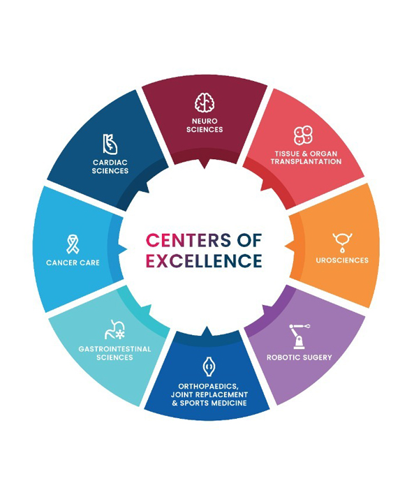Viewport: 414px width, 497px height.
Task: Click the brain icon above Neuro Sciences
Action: click(x=205, y=103)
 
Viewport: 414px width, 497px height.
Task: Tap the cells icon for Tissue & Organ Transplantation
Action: click(x=303, y=135)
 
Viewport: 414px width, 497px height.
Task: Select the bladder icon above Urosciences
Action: click(x=342, y=242)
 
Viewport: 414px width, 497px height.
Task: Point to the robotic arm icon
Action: click(x=300, y=336)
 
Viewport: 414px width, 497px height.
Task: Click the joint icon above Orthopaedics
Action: click(x=208, y=366)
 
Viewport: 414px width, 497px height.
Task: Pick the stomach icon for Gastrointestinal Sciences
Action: click(x=114, y=330)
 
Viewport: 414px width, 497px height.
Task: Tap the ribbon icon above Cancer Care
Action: click(x=73, y=244)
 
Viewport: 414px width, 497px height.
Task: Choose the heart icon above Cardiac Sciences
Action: click(x=110, y=144)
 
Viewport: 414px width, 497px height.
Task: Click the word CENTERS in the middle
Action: click(x=188, y=240)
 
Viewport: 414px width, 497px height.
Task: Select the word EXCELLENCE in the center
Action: click(x=204, y=260)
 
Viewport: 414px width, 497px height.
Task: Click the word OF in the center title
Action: click(x=249, y=240)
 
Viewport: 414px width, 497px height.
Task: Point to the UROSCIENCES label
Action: click(x=342, y=260)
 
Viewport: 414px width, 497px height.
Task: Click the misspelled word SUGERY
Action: click(x=316, y=357)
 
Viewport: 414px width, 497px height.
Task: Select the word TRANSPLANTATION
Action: click(x=306, y=161)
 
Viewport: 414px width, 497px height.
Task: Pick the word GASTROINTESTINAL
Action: click(x=114, y=349)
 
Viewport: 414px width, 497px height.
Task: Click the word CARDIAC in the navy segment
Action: click(x=110, y=163)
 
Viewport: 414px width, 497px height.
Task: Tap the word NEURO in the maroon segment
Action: click(x=205, y=121)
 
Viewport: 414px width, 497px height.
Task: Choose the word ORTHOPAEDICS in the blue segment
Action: click(x=208, y=387)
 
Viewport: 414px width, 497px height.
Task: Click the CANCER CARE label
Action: click(x=73, y=262)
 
